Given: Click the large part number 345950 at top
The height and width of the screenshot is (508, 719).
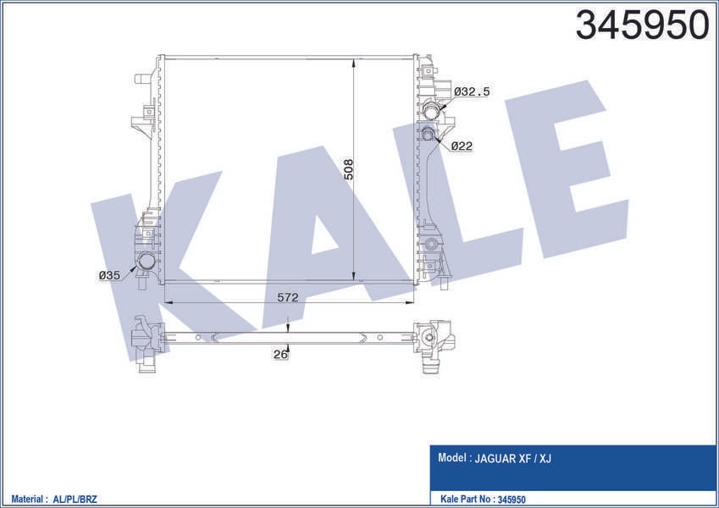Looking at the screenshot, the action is pyautogui.click(x=642, y=25).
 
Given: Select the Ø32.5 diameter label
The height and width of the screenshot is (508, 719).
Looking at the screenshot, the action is pyautogui.click(x=472, y=91).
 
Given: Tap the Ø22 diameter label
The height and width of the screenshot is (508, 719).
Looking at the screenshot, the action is pyautogui.click(x=462, y=146).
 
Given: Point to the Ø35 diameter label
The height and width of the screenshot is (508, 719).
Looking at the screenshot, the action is pyautogui.click(x=109, y=275).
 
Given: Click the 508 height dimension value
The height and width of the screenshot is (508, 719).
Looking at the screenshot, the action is pyautogui.click(x=349, y=169).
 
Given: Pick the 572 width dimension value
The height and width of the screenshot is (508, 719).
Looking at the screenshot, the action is pyautogui.click(x=287, y=297).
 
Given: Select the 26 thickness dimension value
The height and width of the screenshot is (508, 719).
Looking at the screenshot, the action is pyautogui.click(x=280, y=354).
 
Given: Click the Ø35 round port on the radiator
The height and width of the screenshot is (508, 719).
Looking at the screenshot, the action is pyautogui.click(x=147, y=262).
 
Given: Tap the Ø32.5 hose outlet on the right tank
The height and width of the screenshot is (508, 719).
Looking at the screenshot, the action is pyautogui.click(x=432, y=110).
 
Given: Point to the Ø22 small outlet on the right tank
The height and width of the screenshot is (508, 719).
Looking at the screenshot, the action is pyautogui.click(x=428, y=134).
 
